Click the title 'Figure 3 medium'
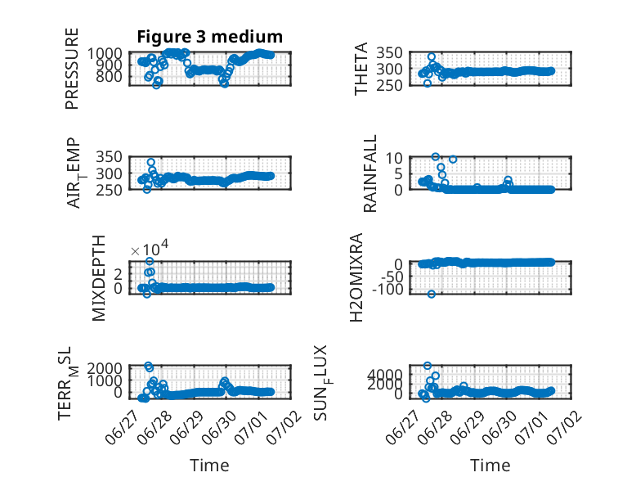click(210, 37)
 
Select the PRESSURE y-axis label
click(71, 69)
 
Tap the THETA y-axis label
click(361, 69)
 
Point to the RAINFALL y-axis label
click(370, 173)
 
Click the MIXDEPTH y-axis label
click(99, 278)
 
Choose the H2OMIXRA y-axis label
click(356, 277)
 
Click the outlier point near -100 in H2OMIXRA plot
click(431, 294)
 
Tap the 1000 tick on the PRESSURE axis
click(105, 53)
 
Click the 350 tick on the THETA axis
click(389, 53)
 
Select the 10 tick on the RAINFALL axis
click(394, 158)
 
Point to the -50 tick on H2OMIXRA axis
click(391, 277)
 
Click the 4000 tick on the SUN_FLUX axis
click(385, 374)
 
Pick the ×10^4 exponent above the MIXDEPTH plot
click(150, 249)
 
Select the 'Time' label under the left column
click(210, 466)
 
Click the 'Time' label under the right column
click(490, 466)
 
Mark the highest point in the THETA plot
click(431, 56)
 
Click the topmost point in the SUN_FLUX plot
click(427, 366)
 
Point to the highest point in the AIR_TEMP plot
click(151, 162)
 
